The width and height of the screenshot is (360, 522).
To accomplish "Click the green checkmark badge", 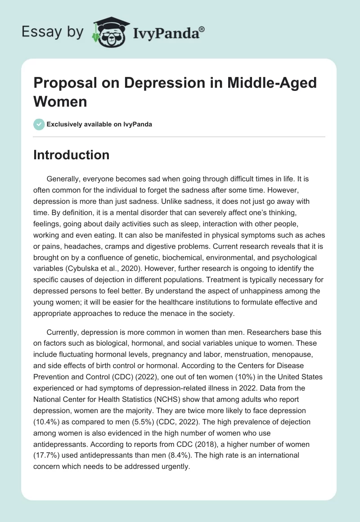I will (39, 124).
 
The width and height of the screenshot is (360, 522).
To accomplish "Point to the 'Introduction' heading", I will (71, 155).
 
